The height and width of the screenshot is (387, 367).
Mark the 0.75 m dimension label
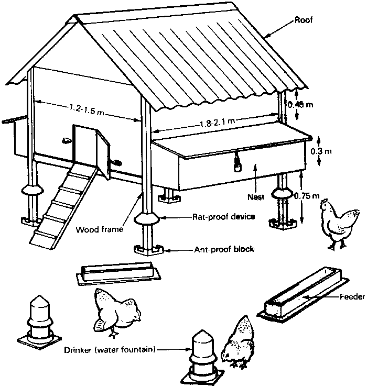[307, 196]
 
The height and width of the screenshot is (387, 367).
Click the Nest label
[256, 198]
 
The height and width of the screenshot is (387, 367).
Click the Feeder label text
[352, 297]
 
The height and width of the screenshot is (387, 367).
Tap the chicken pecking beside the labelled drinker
[240, 343]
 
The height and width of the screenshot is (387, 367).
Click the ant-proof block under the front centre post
[149, 249]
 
